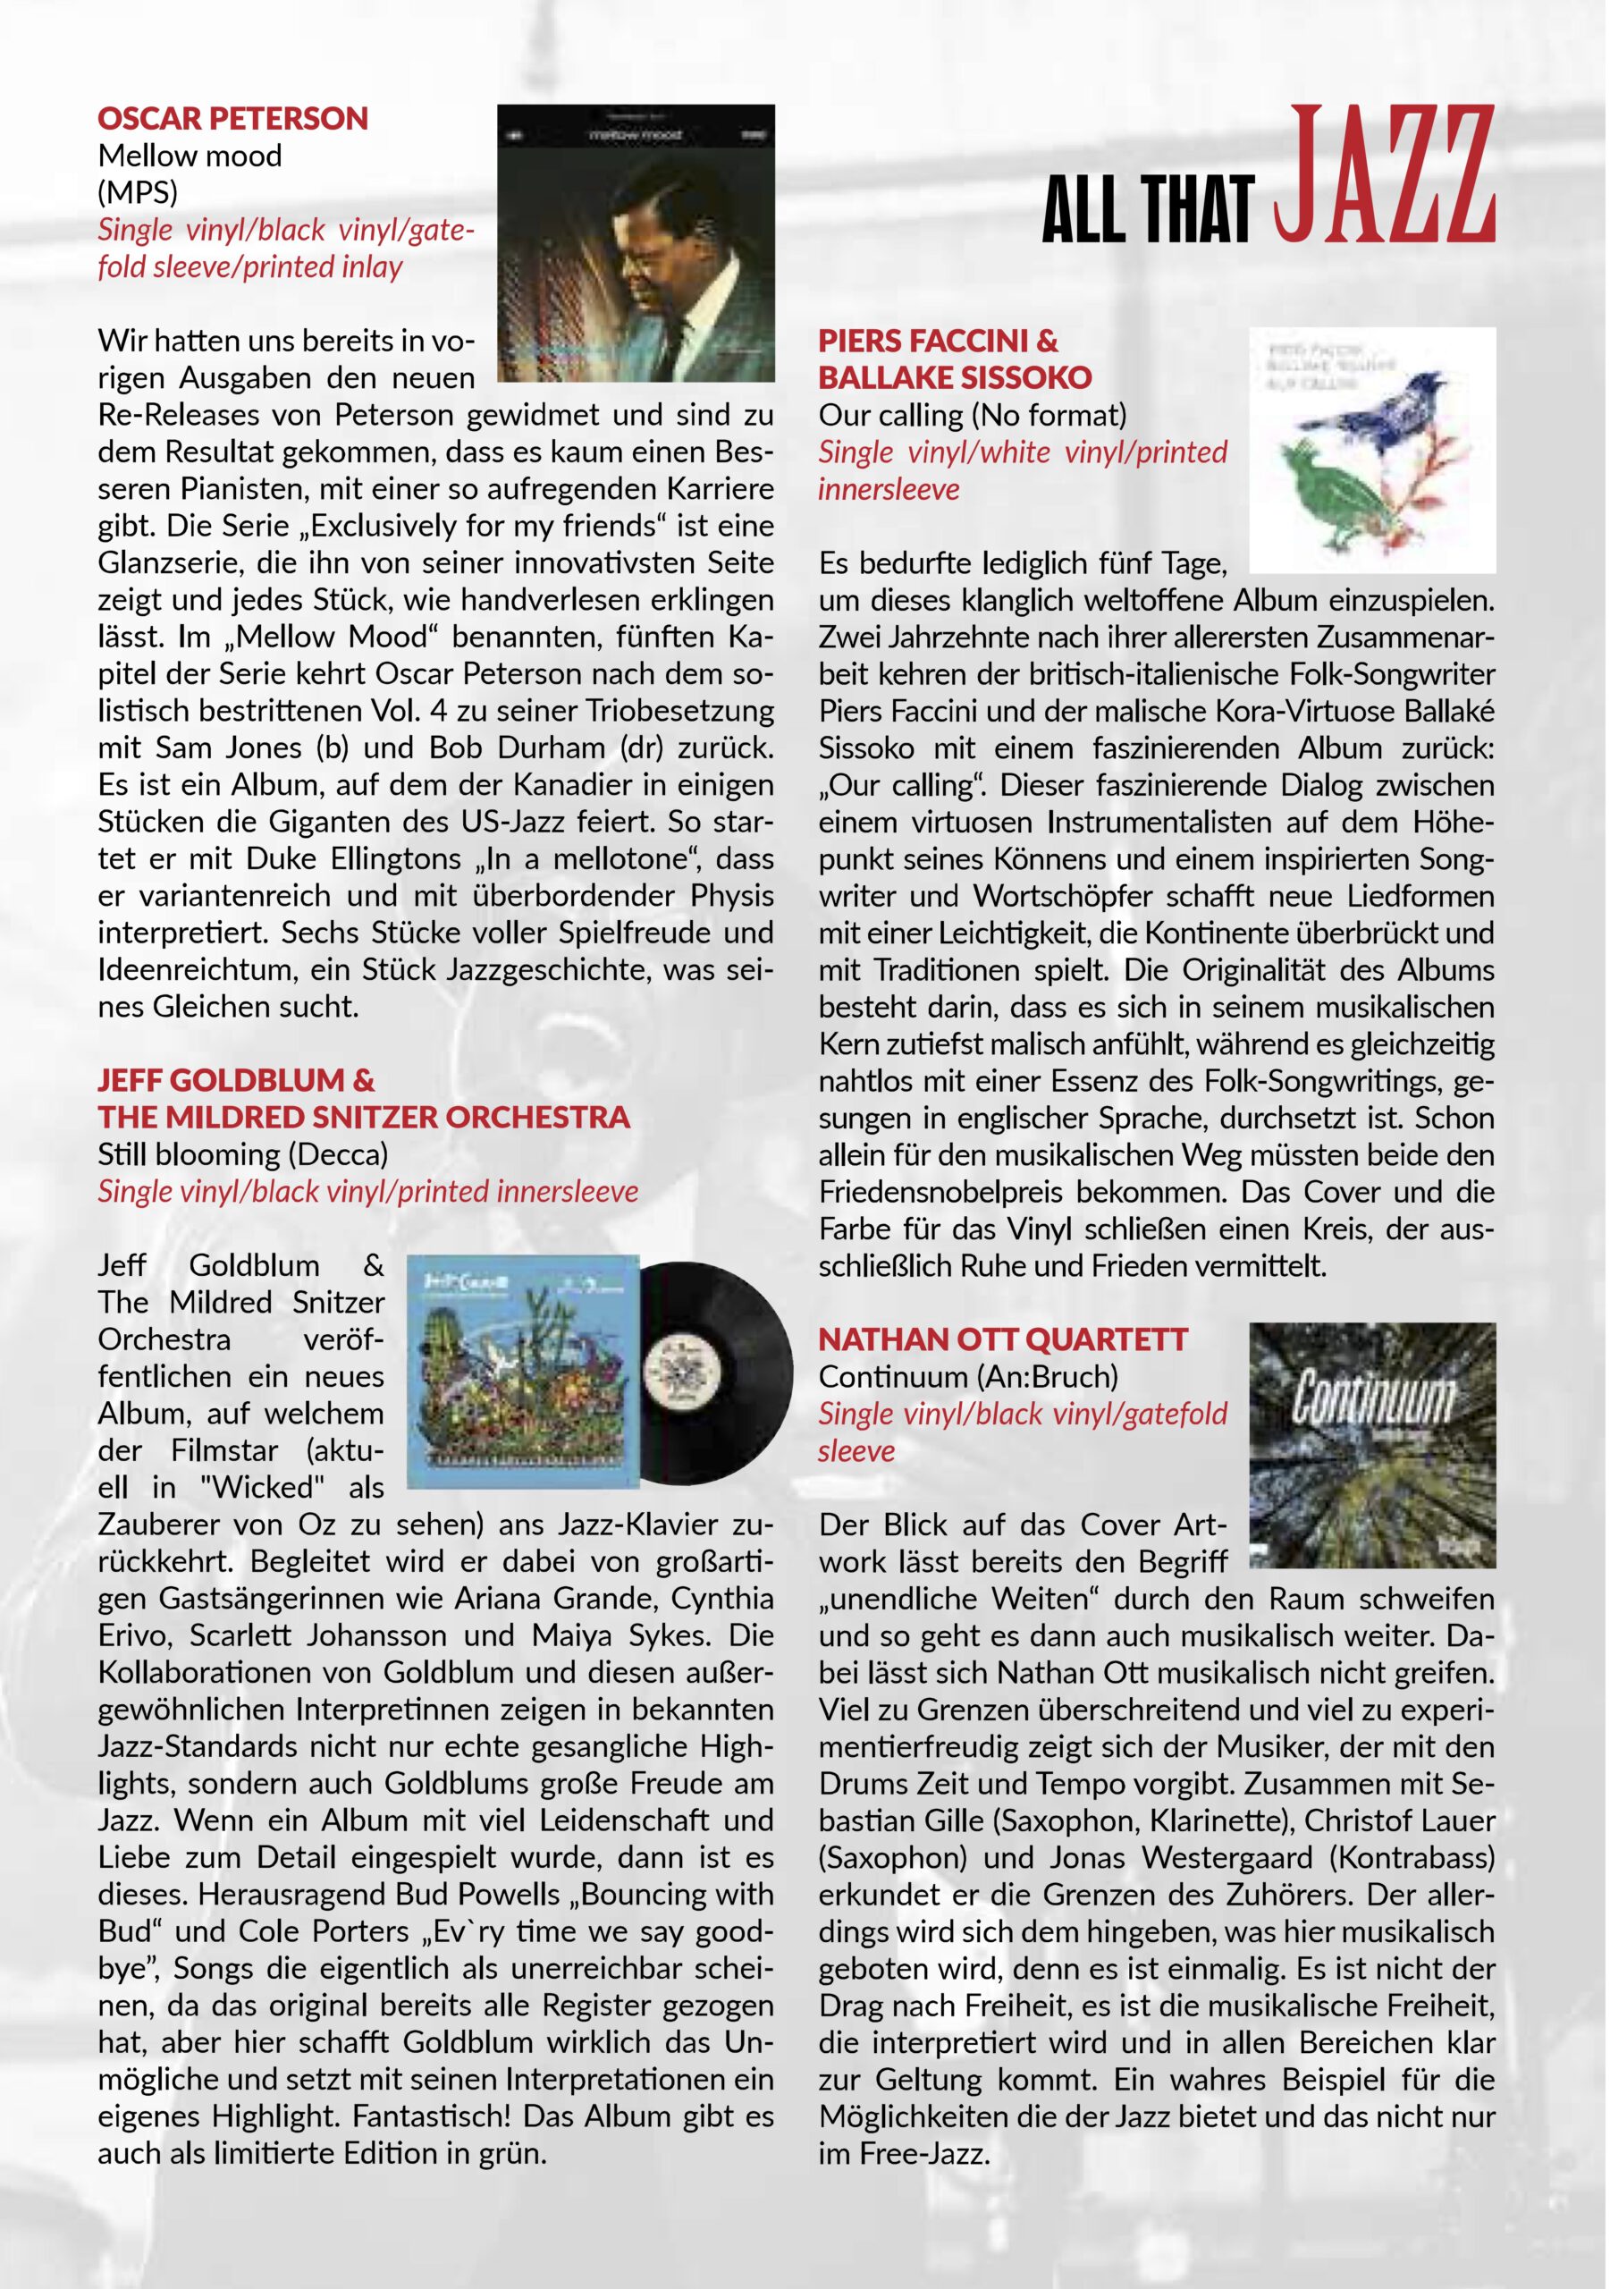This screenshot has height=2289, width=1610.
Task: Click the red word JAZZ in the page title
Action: tap(1385, 176)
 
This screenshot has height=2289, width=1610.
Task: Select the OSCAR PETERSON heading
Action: tap(232, 119)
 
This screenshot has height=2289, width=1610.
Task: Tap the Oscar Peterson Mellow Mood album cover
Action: tap(635, 243)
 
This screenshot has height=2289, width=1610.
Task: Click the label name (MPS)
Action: tap(138, 192)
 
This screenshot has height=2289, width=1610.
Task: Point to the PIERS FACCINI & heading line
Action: tap(938, 341)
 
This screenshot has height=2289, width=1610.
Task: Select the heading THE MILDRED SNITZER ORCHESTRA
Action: tap(364, 1118)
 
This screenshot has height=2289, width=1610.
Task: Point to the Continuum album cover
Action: tap(1371, 1445)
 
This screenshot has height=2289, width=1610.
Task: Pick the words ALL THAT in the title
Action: tap(1146, 210)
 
